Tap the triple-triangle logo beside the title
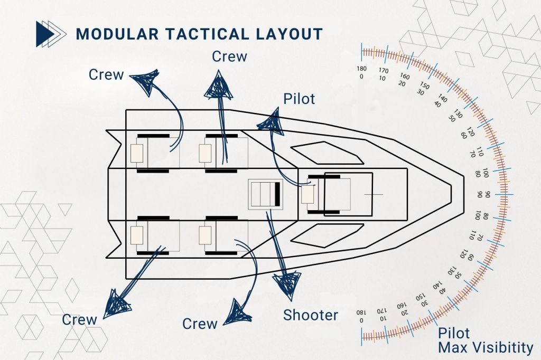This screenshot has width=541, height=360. [51, 34]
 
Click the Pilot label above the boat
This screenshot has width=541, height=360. [299, 99]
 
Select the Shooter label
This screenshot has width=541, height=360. [310, 315]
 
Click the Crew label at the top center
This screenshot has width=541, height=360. [229, 56]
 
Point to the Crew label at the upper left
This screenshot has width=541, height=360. [106, 74]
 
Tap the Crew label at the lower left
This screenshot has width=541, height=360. [80, 319]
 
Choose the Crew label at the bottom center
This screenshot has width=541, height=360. [200, 323]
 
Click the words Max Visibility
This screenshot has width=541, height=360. [486, 347]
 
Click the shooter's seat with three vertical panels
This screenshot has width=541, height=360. [265, 194]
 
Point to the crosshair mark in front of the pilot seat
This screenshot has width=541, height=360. [374, 194]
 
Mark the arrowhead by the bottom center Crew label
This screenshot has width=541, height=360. [236, 312]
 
